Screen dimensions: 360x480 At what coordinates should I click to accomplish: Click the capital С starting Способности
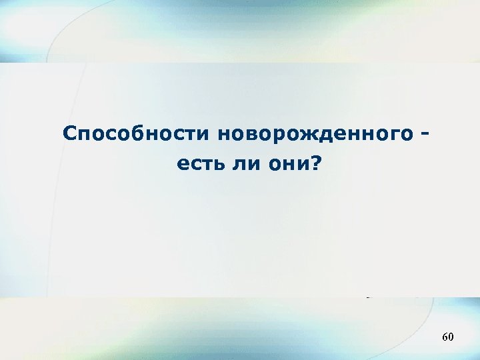[70, 133]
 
